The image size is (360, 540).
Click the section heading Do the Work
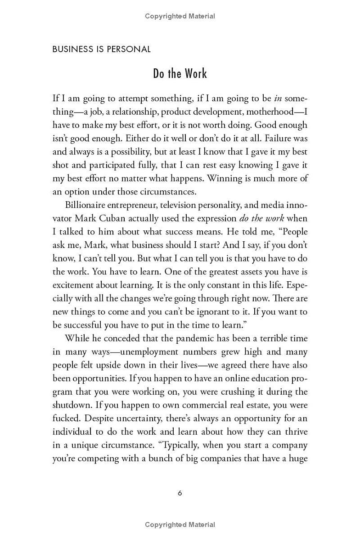(180, 74)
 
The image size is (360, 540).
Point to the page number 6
(180, 493)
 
